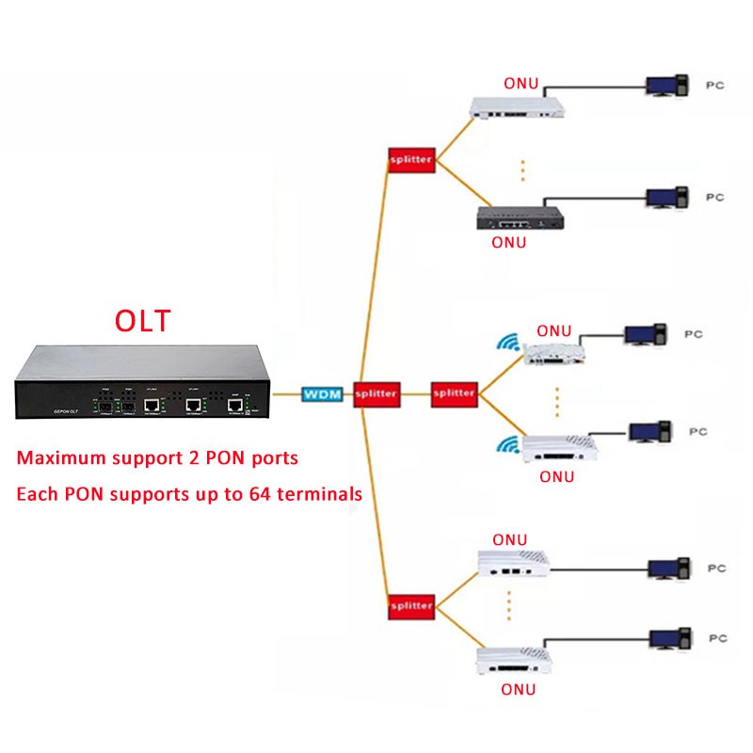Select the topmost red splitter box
(x=410, y=160)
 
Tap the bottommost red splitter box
(x=410, y=606)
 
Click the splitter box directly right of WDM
(x=376, y=393)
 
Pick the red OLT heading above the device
(x=143, y=320)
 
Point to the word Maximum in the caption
(x=65, y=458)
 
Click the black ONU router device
(x=519, y=218)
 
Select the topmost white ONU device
(x=519, y=105)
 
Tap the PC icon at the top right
(x=665, y=86)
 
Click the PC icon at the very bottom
(x=670, y=639)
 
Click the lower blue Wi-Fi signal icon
(x=509, y=444)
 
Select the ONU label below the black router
(x=509, y=243)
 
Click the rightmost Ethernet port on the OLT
(x=234, y=405)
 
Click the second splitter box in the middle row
(x=454, y=393)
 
